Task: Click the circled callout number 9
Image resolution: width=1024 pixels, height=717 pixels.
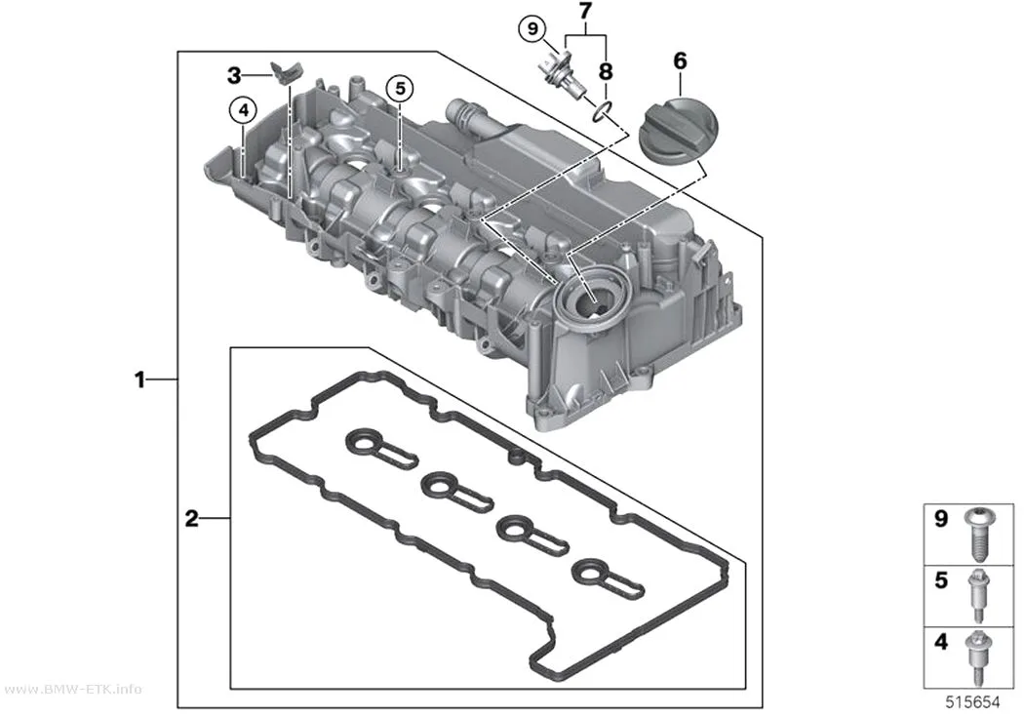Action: pos(532,28)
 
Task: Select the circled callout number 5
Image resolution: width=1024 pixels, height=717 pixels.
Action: pos(400,88)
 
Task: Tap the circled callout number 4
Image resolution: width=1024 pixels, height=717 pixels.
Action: pos(243,110)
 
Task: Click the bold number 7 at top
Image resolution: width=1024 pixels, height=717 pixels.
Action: pos(585,11)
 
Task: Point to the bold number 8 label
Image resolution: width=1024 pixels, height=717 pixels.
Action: pos(606,71)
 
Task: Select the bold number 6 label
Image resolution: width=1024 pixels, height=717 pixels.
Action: pos(680,60)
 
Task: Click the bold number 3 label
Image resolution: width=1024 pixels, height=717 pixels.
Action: pos(234,76)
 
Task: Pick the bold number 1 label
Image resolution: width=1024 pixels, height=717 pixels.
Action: pos(139,378)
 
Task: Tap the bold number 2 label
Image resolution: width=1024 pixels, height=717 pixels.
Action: pos(191,519)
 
